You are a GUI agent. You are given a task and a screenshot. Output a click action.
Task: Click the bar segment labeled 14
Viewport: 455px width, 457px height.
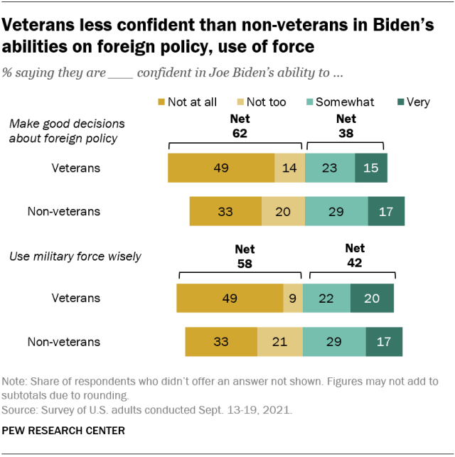pyautogui.click(x=289, y=168)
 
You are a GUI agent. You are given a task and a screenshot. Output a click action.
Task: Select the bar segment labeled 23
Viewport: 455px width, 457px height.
pyautogui.click(x=330, y=168)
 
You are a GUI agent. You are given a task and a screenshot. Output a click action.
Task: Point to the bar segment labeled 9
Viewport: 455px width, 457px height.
pyautogui.click(x=292, y=299)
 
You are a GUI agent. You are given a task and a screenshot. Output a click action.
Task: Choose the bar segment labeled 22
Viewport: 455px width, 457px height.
pyautogui.click(x=326, y=299)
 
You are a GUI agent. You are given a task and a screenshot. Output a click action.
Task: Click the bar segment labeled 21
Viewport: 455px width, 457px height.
pyautogui.click(x=279, y=341)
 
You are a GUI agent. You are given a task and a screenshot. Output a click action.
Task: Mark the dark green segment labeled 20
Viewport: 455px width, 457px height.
pyautogui.click(x=371, y=299)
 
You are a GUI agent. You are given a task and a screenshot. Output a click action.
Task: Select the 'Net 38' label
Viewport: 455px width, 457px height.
pyautogui.click(x=346, y=126)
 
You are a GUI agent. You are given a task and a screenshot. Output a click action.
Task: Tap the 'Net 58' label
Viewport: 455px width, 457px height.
pyautogui.click(x=245, y=257)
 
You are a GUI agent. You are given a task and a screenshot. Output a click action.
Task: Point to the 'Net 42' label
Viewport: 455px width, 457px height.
pyautogui.click(x=354, y=255)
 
